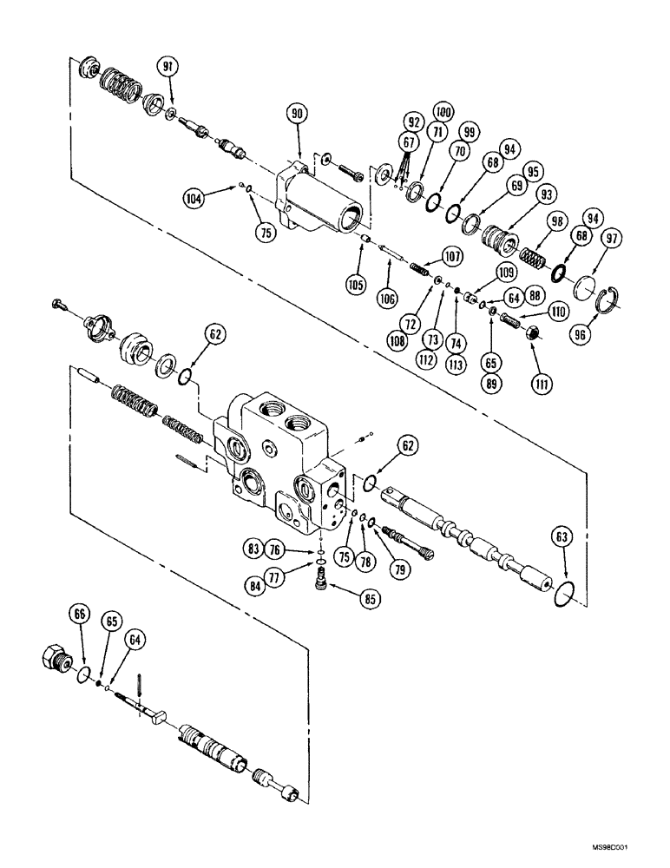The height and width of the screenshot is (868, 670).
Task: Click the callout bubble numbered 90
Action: click(297, 113)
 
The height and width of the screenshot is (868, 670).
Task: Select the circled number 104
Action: click(194, 197)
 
